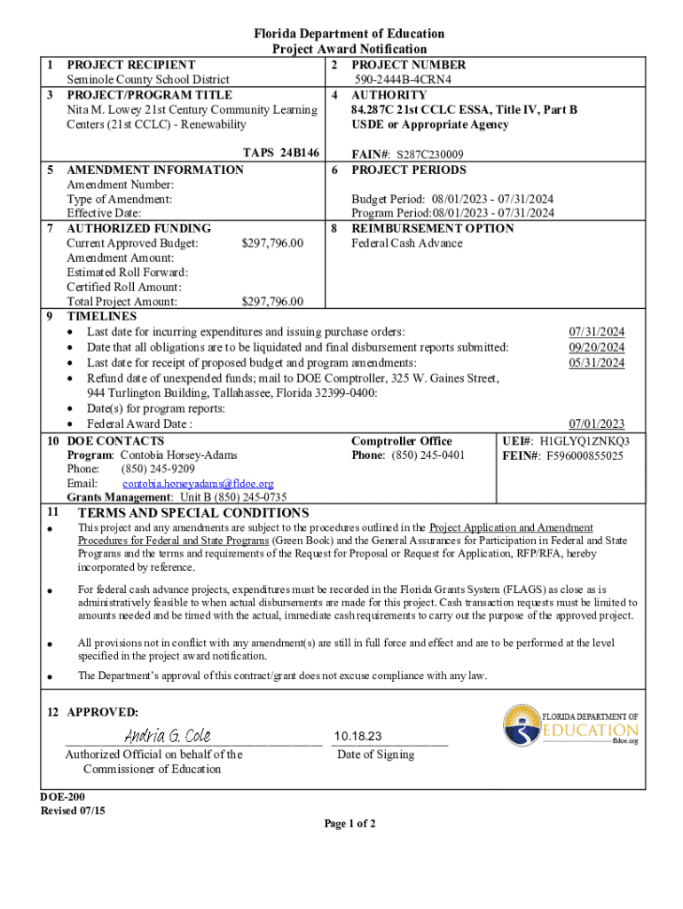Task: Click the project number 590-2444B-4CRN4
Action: point(404,80)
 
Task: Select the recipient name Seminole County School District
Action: point(148,80)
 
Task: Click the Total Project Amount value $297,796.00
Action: point(272,302)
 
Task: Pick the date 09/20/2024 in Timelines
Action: point(596,347)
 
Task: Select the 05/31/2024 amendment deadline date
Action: point(596,362)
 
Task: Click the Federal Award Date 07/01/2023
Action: point(596,423)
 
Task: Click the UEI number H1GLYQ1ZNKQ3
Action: point(585,440)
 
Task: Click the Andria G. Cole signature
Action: point(167,736)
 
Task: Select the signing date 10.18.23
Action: point(358,737)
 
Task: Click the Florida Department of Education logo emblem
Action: point(522,725)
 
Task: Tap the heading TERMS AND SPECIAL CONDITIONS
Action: point(193,513)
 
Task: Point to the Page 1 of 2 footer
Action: point(349,824)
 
